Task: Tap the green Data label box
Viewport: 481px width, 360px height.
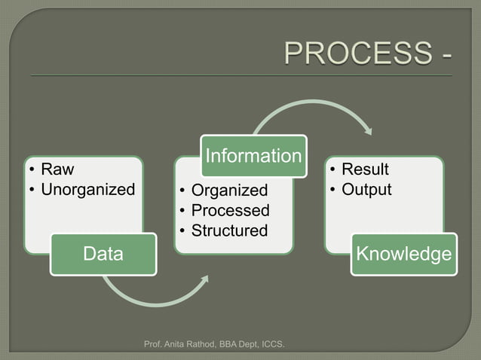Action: [x=103, y=254]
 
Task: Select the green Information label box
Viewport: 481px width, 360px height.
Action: [x=253, y=156]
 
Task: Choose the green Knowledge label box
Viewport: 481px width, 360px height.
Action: [x=404, y=254]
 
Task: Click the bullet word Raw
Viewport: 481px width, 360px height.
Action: [x=57, y=169]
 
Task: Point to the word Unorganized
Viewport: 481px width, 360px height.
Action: [x=87, y=189]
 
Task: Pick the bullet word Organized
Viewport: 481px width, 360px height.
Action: [x=229, y=191]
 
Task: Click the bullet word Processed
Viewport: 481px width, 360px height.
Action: [x=230, y=210]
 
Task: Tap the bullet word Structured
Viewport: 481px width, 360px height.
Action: [x=229, y=230]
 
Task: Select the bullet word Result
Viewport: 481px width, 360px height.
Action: [x=365, y=169]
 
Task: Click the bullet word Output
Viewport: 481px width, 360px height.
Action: [x=366, y=189]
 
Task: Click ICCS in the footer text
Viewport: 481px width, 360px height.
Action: [x=271, y=345]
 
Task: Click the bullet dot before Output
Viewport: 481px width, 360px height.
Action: [x=332, y=190]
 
